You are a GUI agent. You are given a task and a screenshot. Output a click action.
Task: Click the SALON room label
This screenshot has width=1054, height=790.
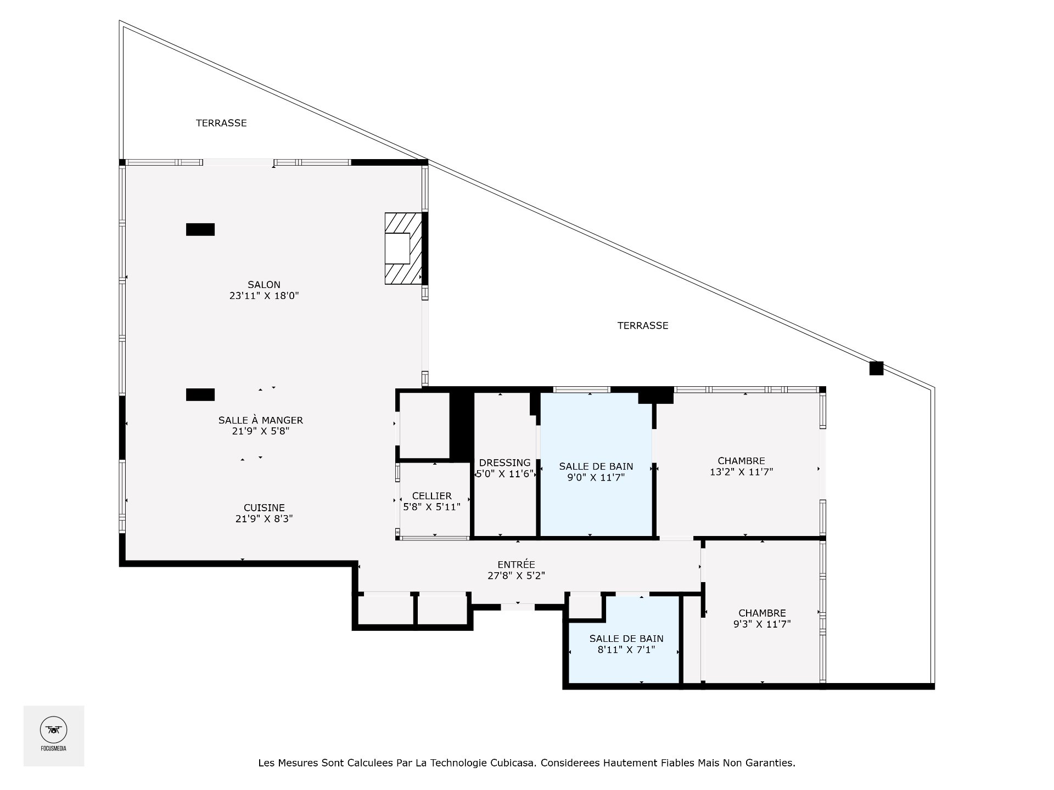pyautogui.click(x=264, y=285)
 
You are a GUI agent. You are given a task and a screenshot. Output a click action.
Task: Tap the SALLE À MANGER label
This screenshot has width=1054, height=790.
pyautogui.click(x=261, y=420)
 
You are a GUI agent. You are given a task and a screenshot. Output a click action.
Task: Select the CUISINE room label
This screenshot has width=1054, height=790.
pyautogui.click(x=264, y=508)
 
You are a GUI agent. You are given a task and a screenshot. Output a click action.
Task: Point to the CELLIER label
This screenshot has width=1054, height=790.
pyautogui.click(x=432, y=496)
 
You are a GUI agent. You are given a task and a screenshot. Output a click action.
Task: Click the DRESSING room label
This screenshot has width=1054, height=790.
pyautogui.click(x=505, y=462)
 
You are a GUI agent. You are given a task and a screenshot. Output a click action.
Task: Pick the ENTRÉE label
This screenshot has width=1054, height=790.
pyautogui.click(x=516, y=565)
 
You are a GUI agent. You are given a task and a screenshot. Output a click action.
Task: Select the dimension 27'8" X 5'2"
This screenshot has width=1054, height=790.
pyautogui.click(x=516, y=576)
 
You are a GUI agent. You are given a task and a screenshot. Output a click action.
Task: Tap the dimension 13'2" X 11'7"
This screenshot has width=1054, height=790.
pyautogui.click(x=742, y=472)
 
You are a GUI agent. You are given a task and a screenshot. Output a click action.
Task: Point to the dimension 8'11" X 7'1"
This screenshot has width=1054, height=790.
pyautogui.click(x=626, y=650)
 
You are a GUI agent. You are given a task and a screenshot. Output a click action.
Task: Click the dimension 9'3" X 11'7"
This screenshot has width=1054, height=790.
pyautogui.click(x=762, y=624)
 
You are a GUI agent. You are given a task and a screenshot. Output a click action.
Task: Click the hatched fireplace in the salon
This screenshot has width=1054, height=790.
pyautogui.click(x=403, y=249)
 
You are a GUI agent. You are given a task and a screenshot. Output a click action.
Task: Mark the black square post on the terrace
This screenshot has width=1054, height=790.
pyautogui.click(x=876, y=368)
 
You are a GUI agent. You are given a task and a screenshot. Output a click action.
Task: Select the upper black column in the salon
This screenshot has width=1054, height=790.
pyautogui.click(x=200, y=229)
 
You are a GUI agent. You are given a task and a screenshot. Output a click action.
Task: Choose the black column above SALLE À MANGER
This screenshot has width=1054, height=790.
pyautogui.click(x=200, y=394)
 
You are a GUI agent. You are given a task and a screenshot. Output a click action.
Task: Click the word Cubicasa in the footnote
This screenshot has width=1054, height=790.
pyautogui.click(x=513, y=763)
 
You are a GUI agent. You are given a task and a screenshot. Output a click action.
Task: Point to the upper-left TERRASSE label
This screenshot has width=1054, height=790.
pyautogui.click(x=221, y=123)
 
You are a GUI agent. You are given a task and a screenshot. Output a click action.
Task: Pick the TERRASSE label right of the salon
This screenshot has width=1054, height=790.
pyautogui.click(x=643, y=325)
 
